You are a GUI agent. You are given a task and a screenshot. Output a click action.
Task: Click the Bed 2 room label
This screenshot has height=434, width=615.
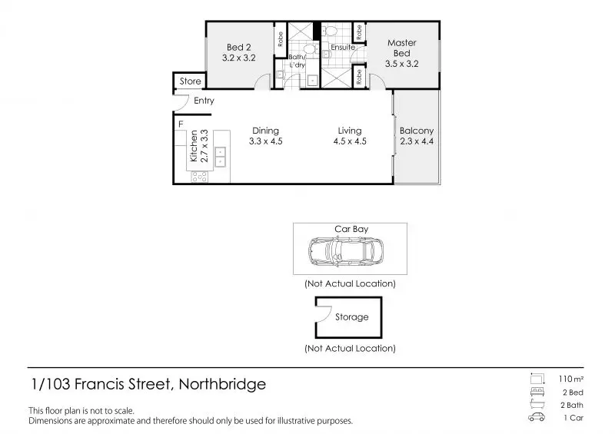point(238,48)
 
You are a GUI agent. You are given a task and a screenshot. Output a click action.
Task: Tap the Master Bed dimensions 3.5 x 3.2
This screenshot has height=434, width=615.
point(401,64)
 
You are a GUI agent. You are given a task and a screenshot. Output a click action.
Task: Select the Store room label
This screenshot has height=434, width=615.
point(190,81)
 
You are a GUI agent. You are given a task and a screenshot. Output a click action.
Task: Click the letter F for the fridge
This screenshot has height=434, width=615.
point(181,124)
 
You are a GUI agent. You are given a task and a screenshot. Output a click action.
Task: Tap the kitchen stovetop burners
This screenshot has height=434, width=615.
point(200,177)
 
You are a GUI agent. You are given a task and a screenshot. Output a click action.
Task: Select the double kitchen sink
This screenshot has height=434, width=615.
point(220,157)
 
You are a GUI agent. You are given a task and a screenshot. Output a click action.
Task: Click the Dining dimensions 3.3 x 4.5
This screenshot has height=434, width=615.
point(265,141)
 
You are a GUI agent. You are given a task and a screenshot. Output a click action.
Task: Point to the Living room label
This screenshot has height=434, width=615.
point(350,131)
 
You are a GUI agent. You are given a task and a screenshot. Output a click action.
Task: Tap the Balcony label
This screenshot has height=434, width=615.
point(417,131)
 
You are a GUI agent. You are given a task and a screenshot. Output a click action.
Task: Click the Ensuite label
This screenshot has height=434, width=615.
point(343,47)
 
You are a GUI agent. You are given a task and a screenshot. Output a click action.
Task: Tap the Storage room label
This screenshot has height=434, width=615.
point(352,316)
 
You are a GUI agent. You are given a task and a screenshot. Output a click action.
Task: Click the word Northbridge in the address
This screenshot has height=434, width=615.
point(222,384)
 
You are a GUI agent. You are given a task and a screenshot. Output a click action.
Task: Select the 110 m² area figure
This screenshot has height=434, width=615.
point(571,379)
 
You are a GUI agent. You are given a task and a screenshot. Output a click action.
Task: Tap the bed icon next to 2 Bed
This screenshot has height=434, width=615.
point(537,392)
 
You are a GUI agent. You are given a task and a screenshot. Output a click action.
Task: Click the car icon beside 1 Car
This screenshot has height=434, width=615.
point(537,417)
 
